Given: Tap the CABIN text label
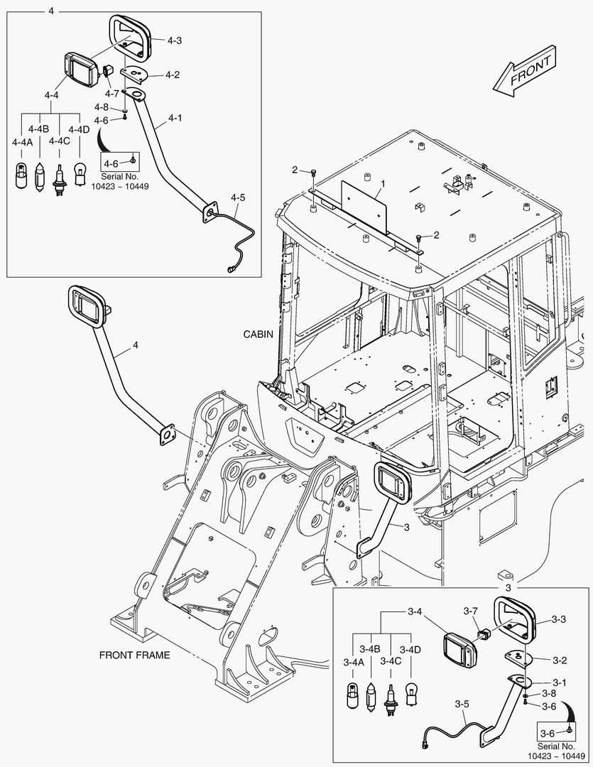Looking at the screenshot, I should tap(258, 333).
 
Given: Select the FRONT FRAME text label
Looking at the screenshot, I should tap(134, 654).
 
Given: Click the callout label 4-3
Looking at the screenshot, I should tap(175, 40).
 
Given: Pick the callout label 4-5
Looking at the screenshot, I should tap(237, 197).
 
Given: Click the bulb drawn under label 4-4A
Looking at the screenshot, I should tap(20, 175).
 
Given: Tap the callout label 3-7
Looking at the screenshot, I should tap(471, 611).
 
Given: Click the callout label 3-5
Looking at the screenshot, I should tap(462, 705).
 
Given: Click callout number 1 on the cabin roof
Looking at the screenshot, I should tap(382, 183).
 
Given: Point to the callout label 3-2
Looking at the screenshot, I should tap(559, 660).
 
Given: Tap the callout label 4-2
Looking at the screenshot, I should tap(173, 75).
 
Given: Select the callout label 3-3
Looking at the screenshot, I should tap(559, 619).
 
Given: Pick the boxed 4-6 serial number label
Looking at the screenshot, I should tap(119, 162).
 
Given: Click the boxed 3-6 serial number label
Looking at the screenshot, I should tap(555, 732).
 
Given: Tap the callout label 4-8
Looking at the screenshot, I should tap(102, 107).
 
